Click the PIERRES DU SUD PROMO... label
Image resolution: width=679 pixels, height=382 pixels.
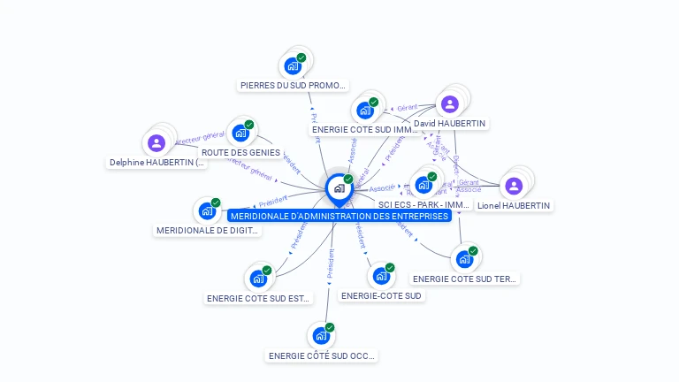(x=294, y=86)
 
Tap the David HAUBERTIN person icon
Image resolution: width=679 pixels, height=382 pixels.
(x=450, y=104)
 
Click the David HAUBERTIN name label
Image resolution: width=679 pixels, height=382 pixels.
(x=449, y=123)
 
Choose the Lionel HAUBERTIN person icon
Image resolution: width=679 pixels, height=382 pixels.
(x=514, y=186)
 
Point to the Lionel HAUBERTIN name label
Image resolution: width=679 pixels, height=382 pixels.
(x=514, y=205)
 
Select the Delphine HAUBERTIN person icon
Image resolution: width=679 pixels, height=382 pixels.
(x=156, y=143)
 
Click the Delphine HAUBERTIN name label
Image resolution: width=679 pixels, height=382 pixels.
(x=157, y=163)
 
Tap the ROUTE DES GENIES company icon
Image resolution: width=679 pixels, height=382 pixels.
(x=240, y=134)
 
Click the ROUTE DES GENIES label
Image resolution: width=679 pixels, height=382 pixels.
(x=240, y=152)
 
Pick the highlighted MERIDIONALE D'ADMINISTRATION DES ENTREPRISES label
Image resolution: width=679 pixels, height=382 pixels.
(x=339, y=216)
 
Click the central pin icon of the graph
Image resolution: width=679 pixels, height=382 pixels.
(x=339, y=188)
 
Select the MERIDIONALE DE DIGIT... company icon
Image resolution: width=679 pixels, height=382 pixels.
(x=207, y=210)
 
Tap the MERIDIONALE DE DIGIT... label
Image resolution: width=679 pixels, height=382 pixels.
(x=208, y=231)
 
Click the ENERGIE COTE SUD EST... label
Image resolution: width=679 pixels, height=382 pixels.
(x=259, y=299)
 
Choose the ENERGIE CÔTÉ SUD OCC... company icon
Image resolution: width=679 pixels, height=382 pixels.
(x=321, y=336)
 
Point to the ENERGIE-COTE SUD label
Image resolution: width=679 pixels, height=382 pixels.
(x=381, y=295)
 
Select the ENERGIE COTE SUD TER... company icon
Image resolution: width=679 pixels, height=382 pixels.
(x=464, y=259)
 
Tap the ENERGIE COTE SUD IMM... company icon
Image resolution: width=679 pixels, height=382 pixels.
(x=364, y=111)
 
